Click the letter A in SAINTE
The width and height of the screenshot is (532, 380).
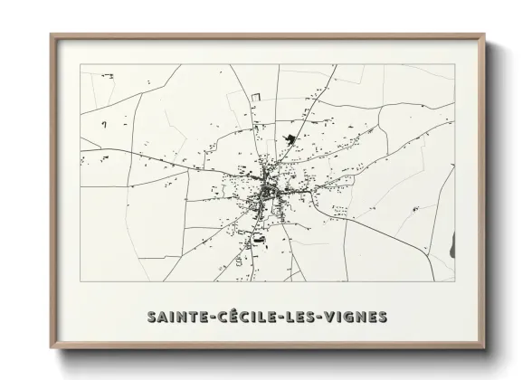tap(163, 317)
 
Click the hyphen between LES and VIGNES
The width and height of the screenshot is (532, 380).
tap(320, 318)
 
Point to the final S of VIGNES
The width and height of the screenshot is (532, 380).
tap(383, 317)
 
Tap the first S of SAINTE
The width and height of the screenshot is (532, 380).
tap(151, 317)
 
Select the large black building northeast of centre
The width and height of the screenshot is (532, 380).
tap(290, 139)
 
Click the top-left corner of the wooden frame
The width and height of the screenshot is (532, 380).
tap(52, 36)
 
